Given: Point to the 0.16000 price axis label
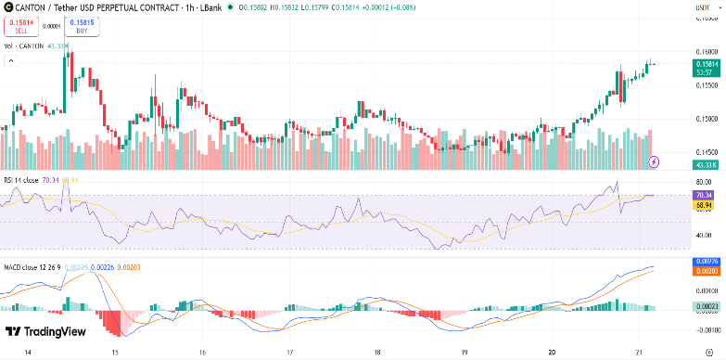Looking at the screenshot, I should pos(706,52).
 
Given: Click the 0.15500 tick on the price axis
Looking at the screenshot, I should pos(706,84).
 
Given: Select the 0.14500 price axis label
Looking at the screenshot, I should pos(706,151).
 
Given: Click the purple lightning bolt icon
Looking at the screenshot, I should pos(656,161).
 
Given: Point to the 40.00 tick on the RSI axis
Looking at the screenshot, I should pos(706,235).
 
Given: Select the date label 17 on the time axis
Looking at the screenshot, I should pos(290,353).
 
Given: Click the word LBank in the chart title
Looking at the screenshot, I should pos(209,8).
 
